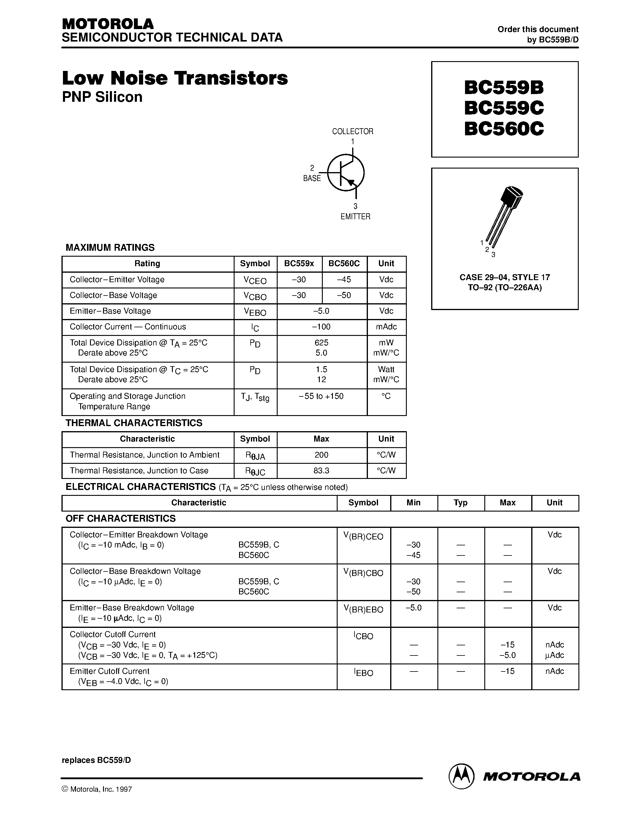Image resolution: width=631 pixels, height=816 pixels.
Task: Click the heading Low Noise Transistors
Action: point(175,78)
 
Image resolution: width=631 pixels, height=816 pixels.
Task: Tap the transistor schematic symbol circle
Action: point(346,173)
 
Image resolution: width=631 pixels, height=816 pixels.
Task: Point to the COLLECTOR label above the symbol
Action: point(352,131)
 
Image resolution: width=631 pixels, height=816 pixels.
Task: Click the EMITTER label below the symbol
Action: point(355,217)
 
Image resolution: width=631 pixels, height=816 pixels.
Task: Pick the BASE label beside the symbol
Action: point(312,179)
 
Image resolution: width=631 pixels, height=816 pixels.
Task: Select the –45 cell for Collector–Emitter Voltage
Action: point(344,280)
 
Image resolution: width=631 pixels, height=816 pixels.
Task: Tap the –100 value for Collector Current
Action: point(322,327)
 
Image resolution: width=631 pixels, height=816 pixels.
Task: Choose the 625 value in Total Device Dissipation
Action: point(322,343)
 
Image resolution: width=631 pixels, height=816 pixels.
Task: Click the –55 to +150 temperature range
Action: point(322,396)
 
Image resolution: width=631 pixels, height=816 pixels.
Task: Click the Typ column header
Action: point(461,503)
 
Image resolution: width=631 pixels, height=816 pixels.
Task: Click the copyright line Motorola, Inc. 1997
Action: point(97,789)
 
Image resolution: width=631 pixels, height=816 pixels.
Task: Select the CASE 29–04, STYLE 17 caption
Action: point(505,277)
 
